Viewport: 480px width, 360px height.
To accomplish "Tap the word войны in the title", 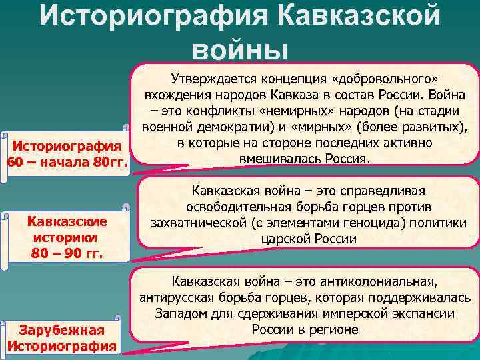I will pos(239,50).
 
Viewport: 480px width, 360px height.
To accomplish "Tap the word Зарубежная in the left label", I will pos(61,330).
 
